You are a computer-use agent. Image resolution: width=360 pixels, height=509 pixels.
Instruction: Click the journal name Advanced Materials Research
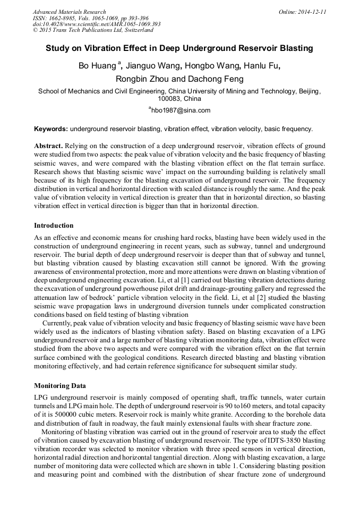pyautogui.click(x=69, y=12)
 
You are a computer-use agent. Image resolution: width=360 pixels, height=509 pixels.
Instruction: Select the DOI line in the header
pyautogui.click(x=97, y=24)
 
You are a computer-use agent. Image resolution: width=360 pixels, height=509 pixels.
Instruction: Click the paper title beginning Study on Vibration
pyautogui.click(x=179, y=48)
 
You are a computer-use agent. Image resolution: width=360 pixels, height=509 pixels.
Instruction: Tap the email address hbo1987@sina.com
pyautogui.click(x=181, y=110)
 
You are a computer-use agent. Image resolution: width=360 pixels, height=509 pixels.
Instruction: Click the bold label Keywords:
pyautogui.click(x=51, y=129)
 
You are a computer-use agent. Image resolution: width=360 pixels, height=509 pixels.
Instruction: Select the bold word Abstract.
pyautogui.click(x=48, y=145)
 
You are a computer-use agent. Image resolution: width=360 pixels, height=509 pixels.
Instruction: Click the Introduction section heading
pyautogui.click(x=54, y=226)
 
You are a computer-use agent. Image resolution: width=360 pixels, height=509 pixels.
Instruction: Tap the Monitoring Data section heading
pyautogui.click(x=60, y=385)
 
